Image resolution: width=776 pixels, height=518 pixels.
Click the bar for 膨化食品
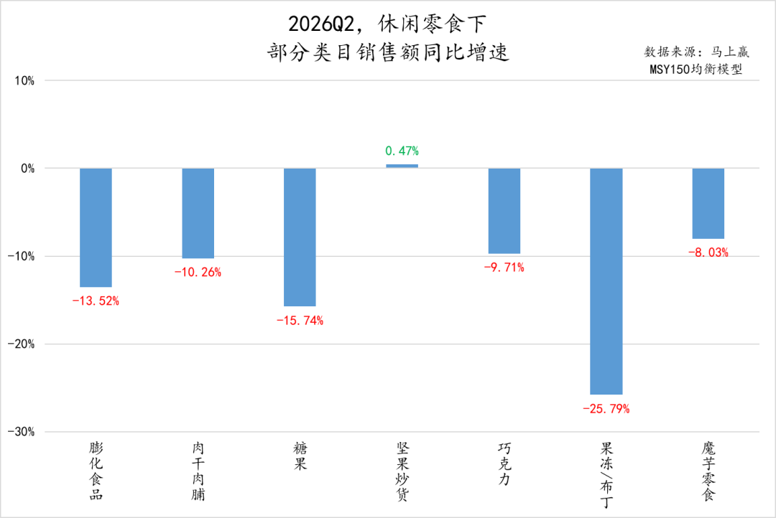point(96,227)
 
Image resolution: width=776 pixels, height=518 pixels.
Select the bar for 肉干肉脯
point(198,213)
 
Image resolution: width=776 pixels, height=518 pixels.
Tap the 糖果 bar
point(300,237)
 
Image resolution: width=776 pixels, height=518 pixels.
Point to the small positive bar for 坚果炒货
point(402,166)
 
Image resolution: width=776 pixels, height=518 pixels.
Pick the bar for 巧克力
point(504,211)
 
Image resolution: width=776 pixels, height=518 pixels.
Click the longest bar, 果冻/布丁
point(606,281)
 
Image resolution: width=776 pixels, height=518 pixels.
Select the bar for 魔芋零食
point(708,204)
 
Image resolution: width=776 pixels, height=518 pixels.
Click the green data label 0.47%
point(402,151)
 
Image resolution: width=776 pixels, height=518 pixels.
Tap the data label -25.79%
point(606,409)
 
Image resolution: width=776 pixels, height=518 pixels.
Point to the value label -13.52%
point(96,301)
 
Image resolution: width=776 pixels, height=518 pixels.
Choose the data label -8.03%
point(708,253)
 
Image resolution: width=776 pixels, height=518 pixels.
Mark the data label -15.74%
point(300,321)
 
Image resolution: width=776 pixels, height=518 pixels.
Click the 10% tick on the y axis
point(24,80)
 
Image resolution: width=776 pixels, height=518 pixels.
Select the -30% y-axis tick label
point(22,432)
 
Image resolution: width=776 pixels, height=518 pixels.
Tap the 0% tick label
point(28,169)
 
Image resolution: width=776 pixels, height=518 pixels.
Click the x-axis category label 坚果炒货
point(402,471)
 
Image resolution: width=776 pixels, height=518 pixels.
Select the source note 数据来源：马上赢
point(696,52)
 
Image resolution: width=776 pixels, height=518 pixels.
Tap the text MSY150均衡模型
point(696,69)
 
